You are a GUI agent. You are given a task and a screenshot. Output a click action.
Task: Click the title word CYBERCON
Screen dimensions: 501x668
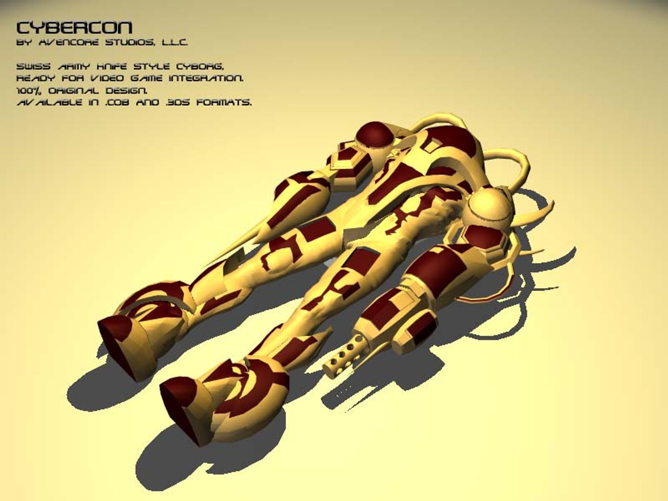pyautogui.click(x=74, y=28)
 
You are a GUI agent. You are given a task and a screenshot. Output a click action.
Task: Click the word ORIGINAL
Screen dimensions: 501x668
pyautogui.click(x=74, y=90)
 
